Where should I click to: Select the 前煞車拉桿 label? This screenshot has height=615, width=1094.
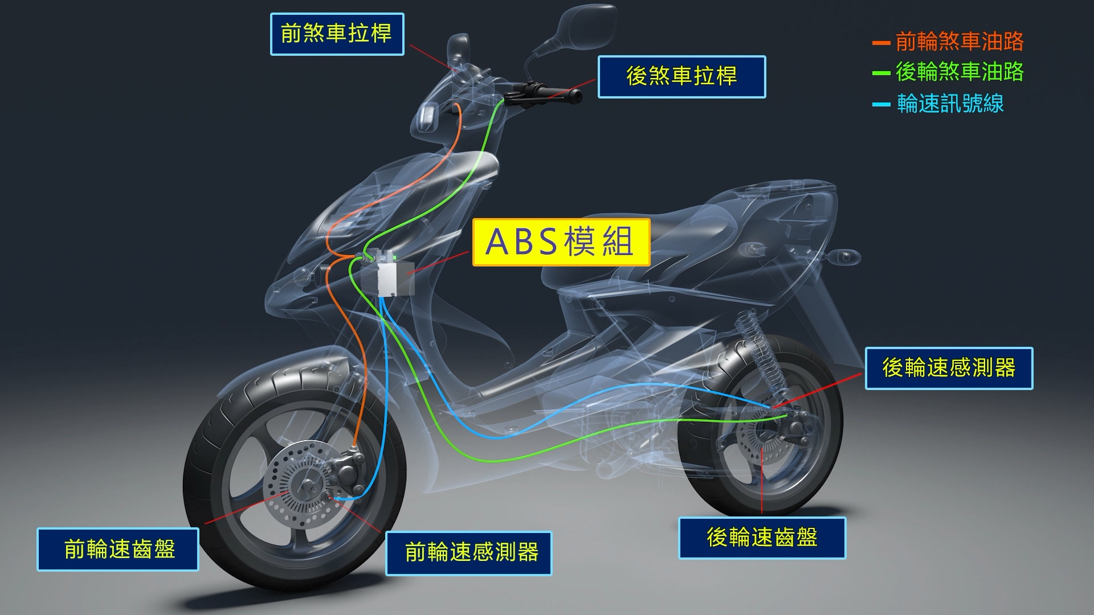click(337, 34)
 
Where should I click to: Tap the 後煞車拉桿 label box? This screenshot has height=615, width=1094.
click(681, 77)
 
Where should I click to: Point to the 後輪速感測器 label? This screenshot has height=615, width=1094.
click(949, 368)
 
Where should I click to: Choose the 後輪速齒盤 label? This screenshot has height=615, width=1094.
click(762, 538)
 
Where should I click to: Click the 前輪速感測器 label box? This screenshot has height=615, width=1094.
click(469, 553)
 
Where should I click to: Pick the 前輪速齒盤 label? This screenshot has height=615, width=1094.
click(118, 550)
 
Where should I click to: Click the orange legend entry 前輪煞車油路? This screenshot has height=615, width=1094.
click(948, 42)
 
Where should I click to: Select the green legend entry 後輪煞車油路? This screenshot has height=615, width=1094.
click(948, 72)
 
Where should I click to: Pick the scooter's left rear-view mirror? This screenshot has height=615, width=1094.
click(459, 48)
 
